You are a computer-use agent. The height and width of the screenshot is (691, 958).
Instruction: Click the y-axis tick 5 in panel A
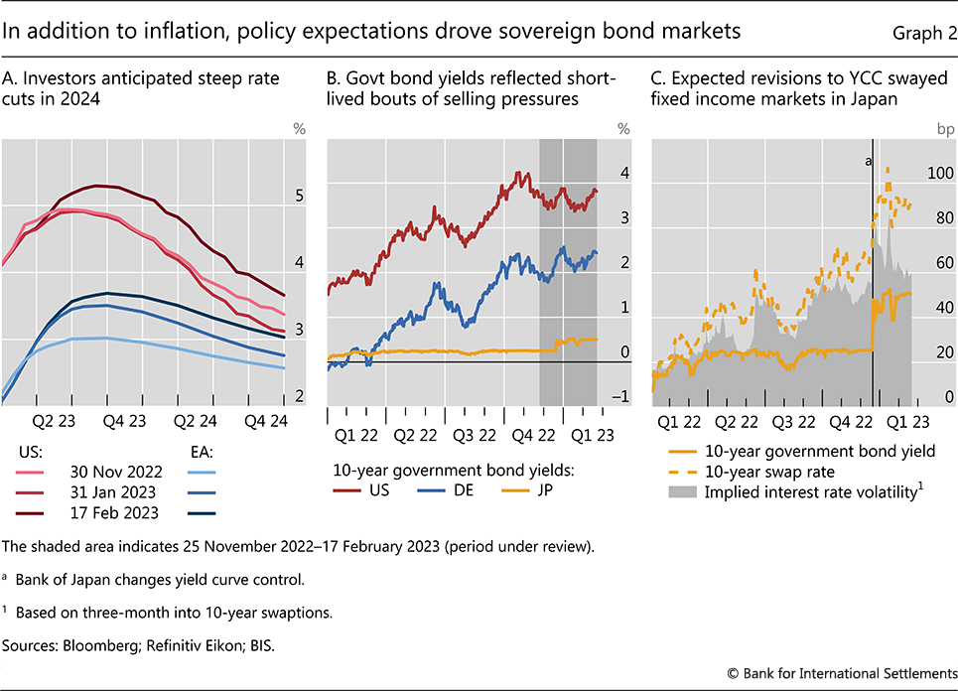tap(300, 197)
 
